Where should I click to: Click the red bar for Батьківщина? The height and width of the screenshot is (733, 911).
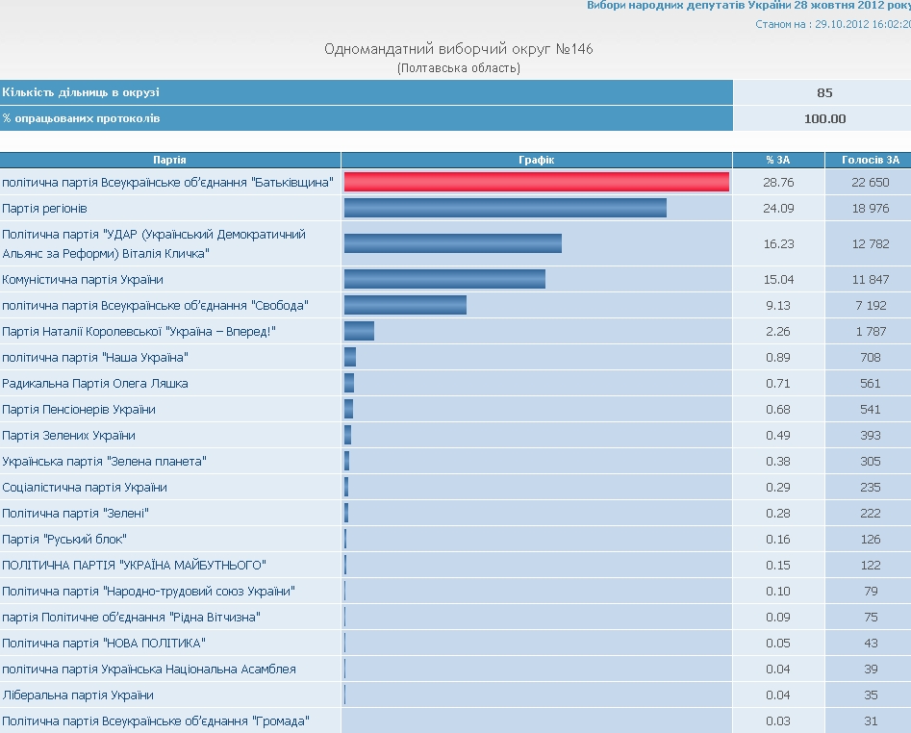click(x=536, y=182)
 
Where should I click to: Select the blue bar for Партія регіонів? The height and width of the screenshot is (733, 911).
click(x=505, y=208)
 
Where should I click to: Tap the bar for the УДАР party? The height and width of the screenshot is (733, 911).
click(x=452, y=243)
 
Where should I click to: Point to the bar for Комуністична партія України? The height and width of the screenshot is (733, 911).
click(x=444, y=279)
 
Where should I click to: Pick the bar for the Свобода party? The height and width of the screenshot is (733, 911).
click(x=405, y=305)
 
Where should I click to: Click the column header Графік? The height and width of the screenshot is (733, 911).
click(x=536, y=160)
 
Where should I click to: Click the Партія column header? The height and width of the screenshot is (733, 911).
click(x=169, y=160)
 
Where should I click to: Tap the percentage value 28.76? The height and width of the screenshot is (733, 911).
click(x=779, y=182)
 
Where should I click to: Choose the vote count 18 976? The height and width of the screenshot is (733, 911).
click(x=870, y=208)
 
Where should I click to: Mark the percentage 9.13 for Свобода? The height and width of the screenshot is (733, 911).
click(x=779, y=305)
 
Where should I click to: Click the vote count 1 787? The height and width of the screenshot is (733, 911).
click(x=870, y=331)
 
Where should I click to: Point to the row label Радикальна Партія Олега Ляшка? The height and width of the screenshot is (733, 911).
click(x=95, y=383)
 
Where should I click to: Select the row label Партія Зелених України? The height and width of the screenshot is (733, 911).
click(x=69, y=435)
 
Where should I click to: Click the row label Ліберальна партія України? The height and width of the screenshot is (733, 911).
click(x=78, y=695)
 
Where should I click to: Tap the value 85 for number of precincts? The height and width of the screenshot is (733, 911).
click(x=824, y=92)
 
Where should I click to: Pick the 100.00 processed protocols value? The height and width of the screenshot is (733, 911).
click(x=824, y=118)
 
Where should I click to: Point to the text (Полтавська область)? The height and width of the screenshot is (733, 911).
click(x=458, y=67)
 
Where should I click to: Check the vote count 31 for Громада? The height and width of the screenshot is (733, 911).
click(x=870, y=720)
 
